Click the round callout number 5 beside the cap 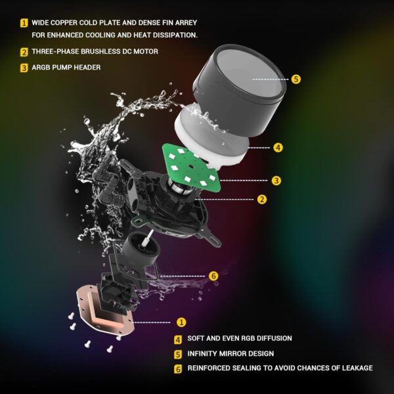click(x=296, y=79)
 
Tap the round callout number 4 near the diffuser click(x=278, y=148)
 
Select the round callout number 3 click(x=277, y=180)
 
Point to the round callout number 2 click(x=262, y=199)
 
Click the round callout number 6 click(x=213, y=276)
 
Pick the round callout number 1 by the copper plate click(x=182, y=322)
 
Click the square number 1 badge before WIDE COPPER click(x=24, y=22)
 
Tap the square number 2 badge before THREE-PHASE click(x=24, y=52)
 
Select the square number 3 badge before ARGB click(x=24, y=67)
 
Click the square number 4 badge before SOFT click(x=178, y=339)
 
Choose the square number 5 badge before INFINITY click(x=178, y=354)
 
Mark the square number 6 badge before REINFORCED click(x=178, y=369)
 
